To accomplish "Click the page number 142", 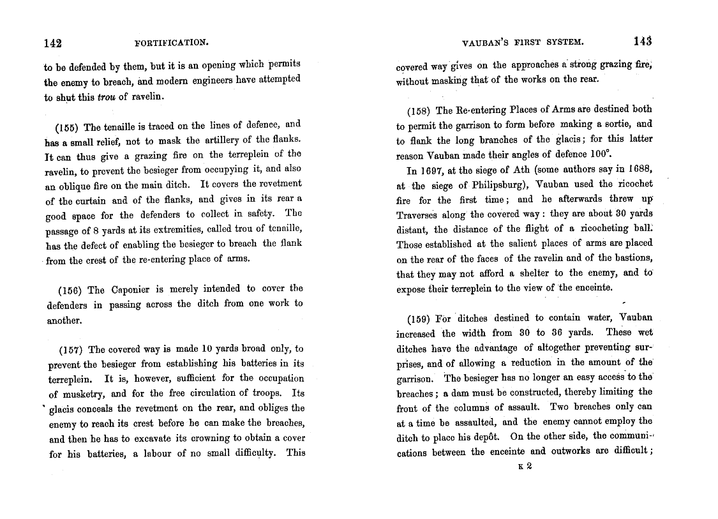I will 52,43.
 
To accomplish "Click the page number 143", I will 643,41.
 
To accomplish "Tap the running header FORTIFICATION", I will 172,43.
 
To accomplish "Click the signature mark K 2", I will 526,467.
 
